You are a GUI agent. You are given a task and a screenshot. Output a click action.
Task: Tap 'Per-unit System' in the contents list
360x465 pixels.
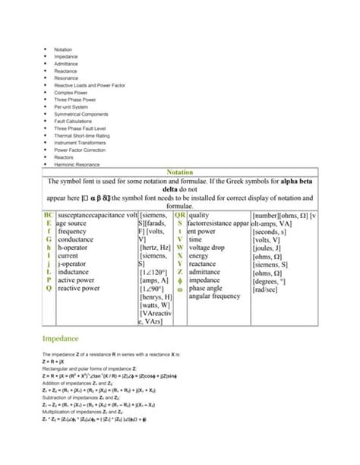pyautogui.click(x=69, y=107)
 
